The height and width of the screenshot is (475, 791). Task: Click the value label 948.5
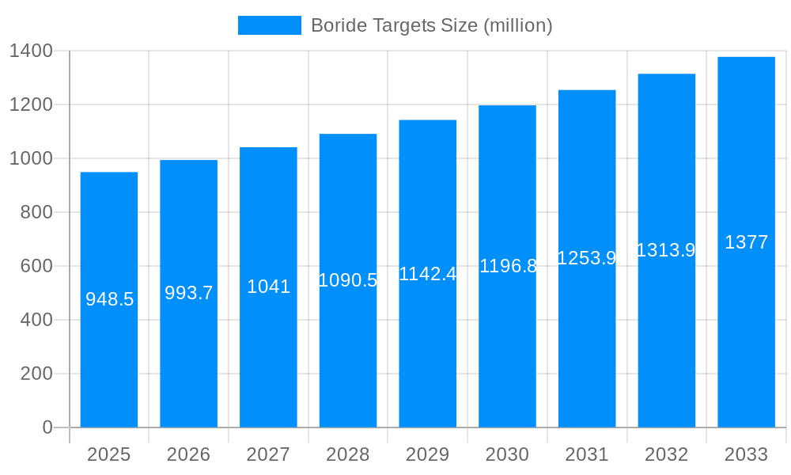(x=109, y=299)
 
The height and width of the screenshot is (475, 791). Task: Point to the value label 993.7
(x=189, y=293)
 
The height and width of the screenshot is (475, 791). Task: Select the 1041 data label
(x=269, y=287)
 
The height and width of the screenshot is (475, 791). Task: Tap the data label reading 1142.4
(x=428, y=274)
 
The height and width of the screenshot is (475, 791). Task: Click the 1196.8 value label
(x=508, y=266)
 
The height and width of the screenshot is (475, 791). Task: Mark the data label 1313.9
(x=666, y=250)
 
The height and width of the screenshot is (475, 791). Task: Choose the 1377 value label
(x=746, y=242)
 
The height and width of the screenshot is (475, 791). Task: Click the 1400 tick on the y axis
(x=31, y=51)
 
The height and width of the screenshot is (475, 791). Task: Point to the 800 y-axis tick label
(x=36, y=212)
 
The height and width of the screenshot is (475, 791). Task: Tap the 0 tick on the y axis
(x=47, y=427)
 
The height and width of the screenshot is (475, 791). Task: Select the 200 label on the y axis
(x=36, y=374)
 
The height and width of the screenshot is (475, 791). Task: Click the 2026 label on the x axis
(x=189, y=454)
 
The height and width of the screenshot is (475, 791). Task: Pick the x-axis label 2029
(x=428, y=454)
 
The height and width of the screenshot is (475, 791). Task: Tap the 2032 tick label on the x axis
(x=666, y=454)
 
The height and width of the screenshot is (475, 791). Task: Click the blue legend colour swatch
(x=270, y=25)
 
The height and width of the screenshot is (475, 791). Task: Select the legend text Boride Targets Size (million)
(x=431, y=25)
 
